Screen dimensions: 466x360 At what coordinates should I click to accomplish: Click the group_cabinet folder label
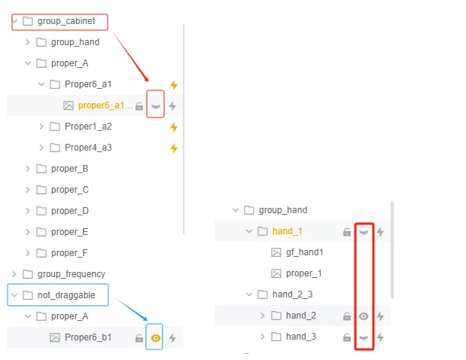(66, 21)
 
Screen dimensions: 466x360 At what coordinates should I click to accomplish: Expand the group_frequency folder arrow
(14, 274)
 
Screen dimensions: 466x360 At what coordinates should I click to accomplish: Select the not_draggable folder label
(66, 295)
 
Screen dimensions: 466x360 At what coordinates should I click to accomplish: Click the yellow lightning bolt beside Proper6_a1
(174, 84)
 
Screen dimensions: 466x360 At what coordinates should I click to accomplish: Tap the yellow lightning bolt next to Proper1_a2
(174, 127)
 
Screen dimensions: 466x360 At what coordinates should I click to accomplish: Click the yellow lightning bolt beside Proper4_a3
(174, 148)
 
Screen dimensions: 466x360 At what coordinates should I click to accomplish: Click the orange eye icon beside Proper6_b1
(155, 338)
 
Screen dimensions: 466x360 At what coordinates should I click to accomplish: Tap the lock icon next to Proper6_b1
(139, 337)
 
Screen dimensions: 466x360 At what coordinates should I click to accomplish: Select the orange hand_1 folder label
(287, 231)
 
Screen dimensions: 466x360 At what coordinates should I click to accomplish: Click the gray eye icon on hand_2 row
(364, 316)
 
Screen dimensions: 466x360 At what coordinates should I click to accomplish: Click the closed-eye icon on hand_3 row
(364, 337)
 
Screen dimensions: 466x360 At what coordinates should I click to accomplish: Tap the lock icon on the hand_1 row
(347, 232)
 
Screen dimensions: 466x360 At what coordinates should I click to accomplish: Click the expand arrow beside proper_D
(28, 211)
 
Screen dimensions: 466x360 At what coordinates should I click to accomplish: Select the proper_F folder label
(69, 253)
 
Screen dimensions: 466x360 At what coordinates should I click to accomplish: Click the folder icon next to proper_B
(41, 169)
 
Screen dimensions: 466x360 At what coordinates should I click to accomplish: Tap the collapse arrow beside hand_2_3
(249, 294)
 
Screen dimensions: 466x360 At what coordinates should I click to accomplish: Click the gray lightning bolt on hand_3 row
(380, 337)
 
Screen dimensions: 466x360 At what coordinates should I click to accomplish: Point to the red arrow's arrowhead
(147, 79)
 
